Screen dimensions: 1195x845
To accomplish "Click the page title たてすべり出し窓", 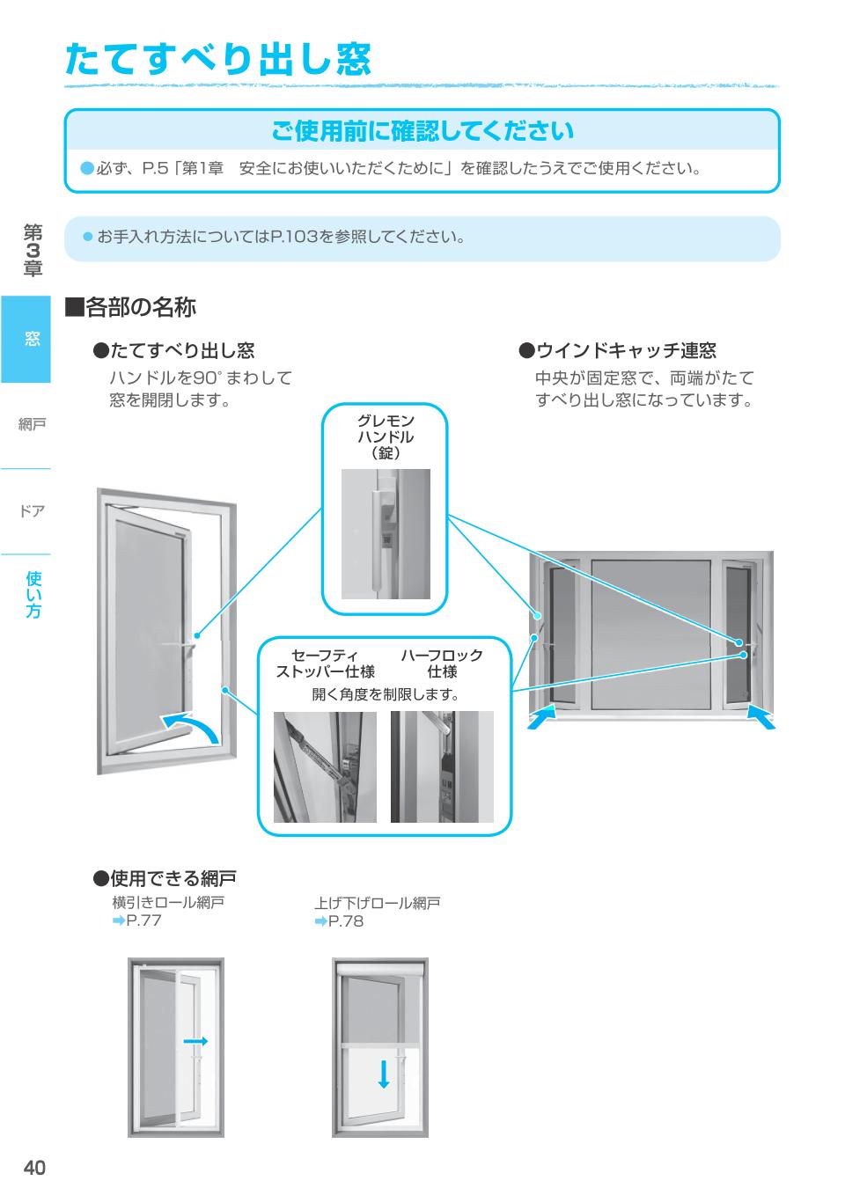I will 218,59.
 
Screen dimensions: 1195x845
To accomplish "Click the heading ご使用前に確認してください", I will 422,131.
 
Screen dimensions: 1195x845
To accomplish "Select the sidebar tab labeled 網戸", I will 32,425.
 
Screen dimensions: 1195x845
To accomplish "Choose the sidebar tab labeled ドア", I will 32,511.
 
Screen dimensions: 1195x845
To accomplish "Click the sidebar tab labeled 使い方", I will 33,595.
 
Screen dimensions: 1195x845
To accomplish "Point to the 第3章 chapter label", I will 33,251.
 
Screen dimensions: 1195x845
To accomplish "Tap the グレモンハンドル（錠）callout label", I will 385,436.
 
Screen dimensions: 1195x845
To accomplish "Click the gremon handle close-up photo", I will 385,534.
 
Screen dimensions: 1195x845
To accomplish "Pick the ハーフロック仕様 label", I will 442,663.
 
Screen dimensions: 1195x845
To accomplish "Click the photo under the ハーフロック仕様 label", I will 442,766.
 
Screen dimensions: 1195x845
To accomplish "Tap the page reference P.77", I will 143,921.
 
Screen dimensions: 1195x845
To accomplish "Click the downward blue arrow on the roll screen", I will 383,1074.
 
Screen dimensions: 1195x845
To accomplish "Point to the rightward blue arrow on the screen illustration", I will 195,1041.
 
